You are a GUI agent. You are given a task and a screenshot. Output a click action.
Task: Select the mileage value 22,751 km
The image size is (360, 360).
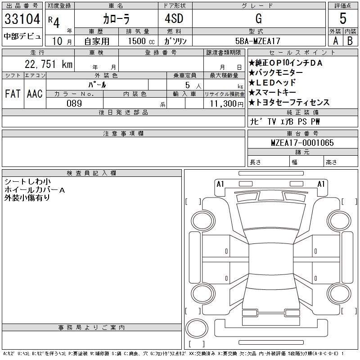click(49, 64)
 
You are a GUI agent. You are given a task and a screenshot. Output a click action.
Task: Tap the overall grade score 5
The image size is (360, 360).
click(342, 19)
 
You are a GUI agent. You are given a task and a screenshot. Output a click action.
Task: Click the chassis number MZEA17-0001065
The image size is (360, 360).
click(302, 143)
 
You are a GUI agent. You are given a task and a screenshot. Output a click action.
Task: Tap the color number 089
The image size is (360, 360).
click(74, 103)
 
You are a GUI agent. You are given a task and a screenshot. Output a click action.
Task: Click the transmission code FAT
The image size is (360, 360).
click(13, 94)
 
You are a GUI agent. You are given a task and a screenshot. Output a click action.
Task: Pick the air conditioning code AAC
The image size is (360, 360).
click(35, 94)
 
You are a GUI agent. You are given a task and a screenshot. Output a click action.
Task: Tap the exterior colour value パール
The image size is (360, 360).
click(107, 84)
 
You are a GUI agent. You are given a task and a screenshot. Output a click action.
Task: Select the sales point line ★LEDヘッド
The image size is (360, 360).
click(272, 82)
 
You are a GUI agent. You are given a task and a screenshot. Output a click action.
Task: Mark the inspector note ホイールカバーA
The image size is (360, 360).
click(35, 190)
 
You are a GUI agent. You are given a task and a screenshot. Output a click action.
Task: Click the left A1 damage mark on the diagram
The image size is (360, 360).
click(220, 184)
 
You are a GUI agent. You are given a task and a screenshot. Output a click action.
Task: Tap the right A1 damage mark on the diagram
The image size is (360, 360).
click(321, 184)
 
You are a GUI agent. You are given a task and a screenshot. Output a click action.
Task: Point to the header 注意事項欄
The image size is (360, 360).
click(123, 134)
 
